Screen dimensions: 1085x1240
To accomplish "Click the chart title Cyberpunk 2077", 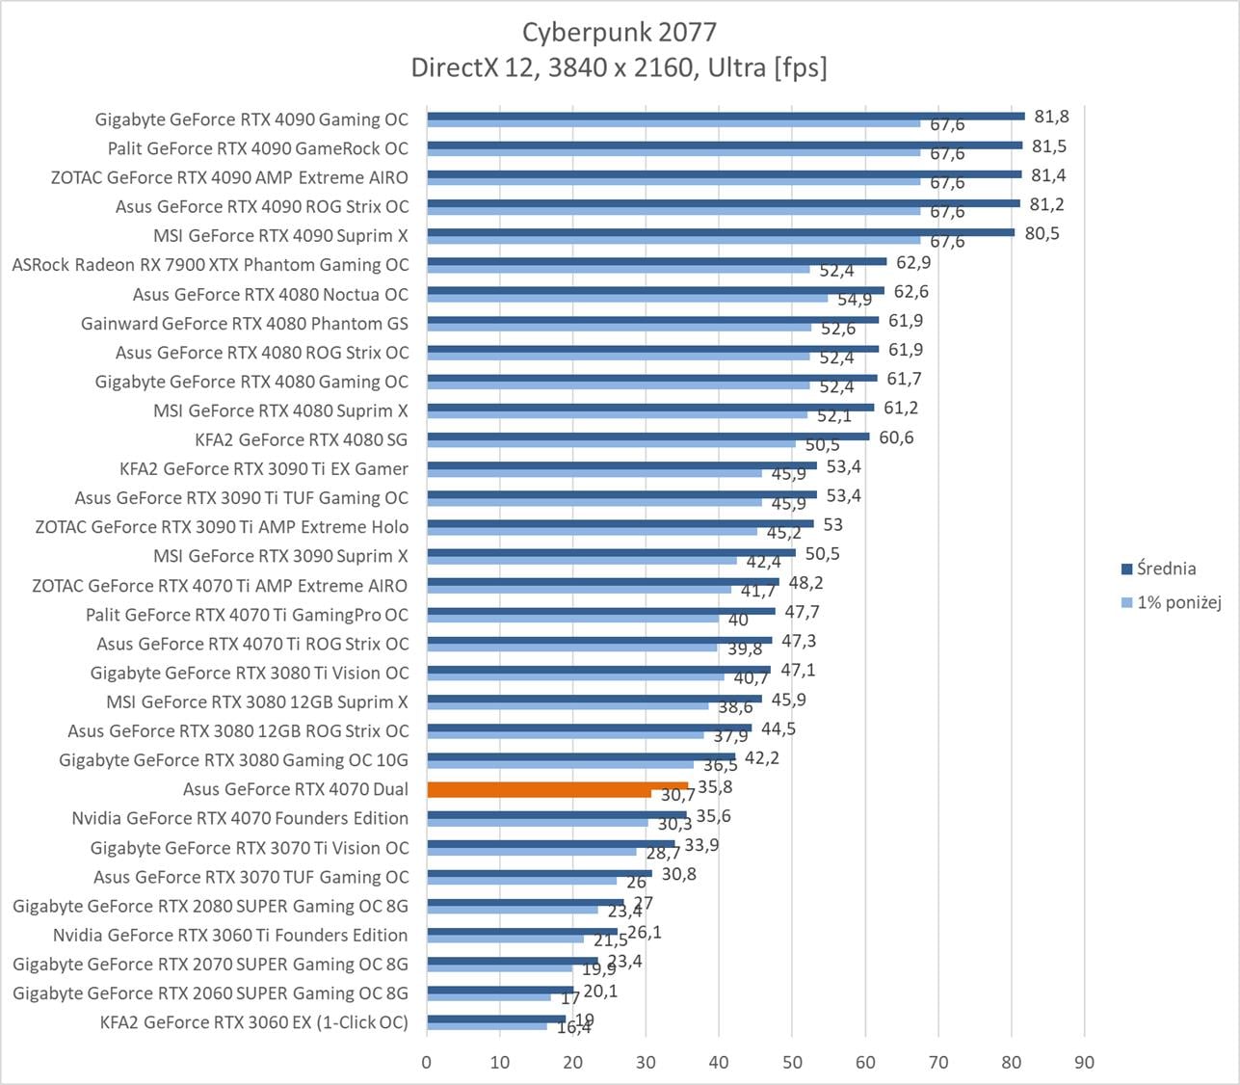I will [619, 32].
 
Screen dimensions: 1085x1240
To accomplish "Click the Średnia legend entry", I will [1165, 569].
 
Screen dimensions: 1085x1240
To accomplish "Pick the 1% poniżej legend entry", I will [1178, 603].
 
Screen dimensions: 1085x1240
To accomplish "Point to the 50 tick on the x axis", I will [792, 1062].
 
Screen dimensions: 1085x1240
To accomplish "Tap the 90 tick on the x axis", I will [1084, 1062].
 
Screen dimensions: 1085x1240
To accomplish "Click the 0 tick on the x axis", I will [427, 1062].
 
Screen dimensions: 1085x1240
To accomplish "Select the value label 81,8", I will [1051, 117].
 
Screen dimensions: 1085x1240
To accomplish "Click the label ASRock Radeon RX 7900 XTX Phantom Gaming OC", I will [210, 265].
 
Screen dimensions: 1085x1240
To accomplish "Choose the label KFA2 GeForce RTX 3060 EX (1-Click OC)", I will [253, 1022].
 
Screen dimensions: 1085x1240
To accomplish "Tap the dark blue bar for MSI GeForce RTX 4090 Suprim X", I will [720, 232].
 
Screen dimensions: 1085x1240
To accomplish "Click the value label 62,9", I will [912, 262].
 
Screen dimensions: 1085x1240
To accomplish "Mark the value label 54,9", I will [855, 300].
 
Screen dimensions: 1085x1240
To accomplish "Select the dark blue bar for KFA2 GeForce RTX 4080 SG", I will [647, 436].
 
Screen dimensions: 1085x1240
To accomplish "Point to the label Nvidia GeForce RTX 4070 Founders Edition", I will [240, 818].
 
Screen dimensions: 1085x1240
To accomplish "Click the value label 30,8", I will [678, 874].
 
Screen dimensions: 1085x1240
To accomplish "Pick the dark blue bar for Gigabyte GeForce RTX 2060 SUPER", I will [500, 990].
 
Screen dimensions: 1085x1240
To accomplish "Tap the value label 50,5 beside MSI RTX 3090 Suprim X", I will [822, 554].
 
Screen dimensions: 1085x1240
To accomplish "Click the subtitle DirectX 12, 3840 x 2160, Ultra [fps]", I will [619, 67].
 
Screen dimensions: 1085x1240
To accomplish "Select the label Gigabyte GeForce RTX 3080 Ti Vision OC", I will [249, 673].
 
